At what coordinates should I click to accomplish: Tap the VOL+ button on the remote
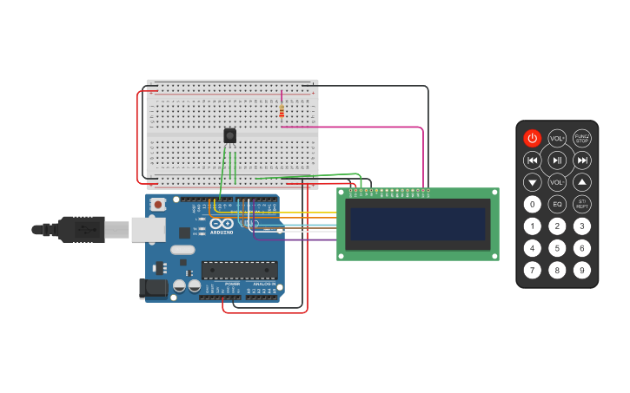557,138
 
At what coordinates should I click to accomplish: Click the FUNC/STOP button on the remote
582,138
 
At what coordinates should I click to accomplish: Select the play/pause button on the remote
557,160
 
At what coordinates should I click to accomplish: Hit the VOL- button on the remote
557,182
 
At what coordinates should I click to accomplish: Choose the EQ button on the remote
557,205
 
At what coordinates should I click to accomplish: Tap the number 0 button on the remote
532,205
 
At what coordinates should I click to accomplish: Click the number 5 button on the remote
557,248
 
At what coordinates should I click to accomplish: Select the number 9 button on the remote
582,270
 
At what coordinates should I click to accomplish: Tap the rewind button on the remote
532,160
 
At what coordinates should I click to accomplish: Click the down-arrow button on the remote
532,182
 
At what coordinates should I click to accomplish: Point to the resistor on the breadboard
282,111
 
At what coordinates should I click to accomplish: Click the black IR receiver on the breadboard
229,135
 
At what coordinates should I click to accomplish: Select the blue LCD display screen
417,224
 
